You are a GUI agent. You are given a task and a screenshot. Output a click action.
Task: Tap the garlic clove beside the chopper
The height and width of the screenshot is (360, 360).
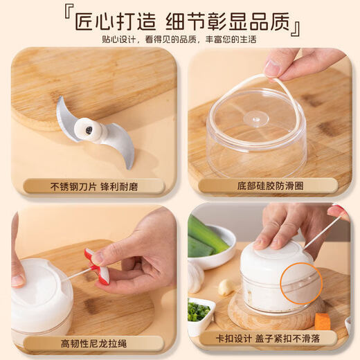pos(226,287)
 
